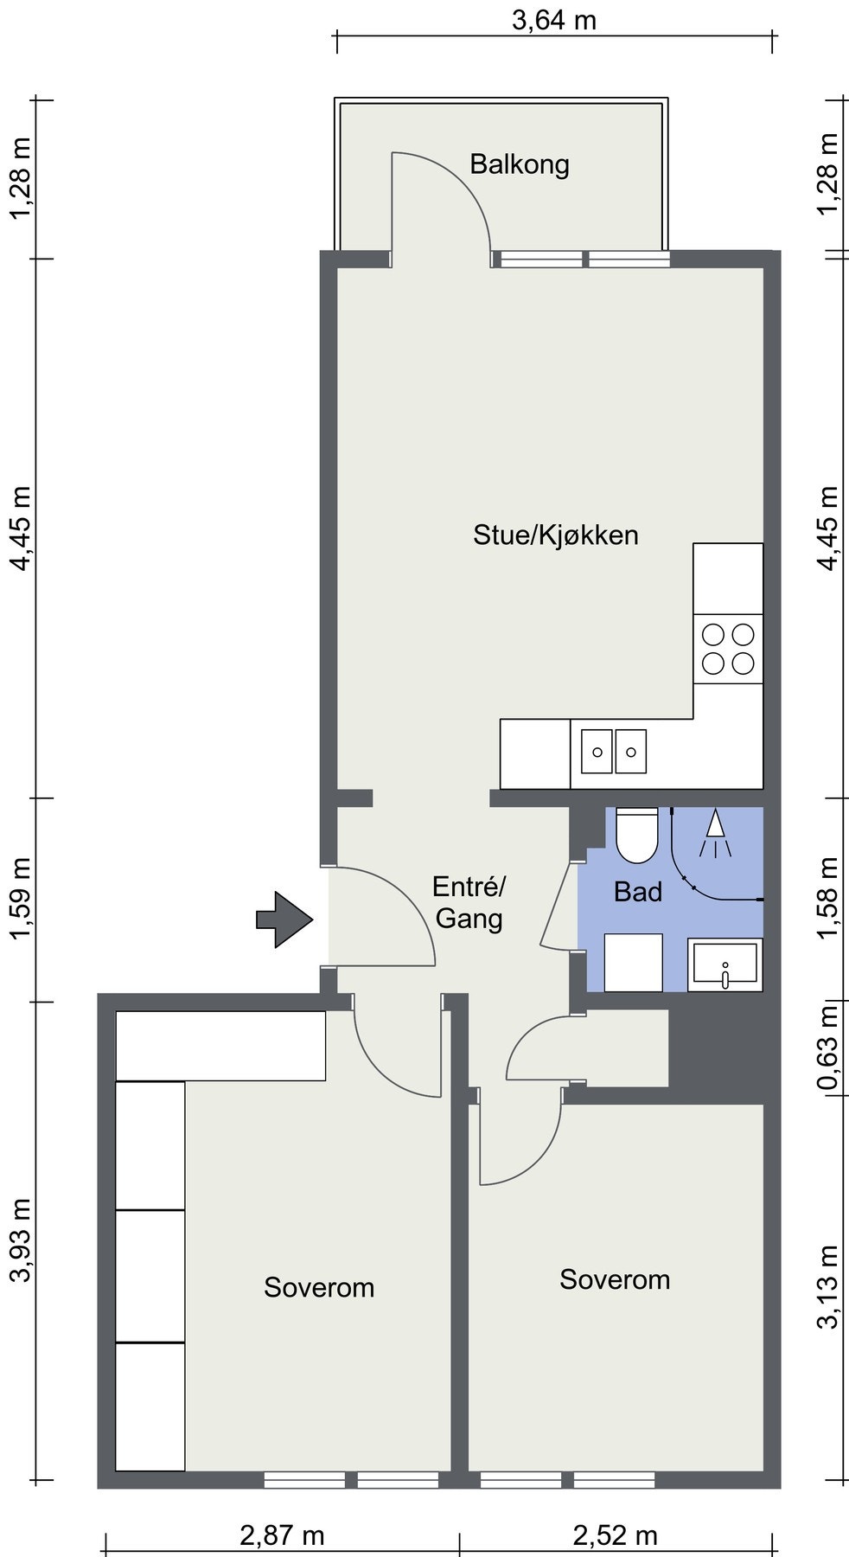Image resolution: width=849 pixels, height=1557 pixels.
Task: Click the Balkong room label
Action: pyautogui.click(x=519, y=164)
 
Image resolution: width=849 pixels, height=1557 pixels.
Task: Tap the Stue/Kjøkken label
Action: pyautogui.click(x=555, y=535)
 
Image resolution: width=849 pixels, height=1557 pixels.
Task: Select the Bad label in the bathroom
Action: pyautogui.click(x=638, y=892)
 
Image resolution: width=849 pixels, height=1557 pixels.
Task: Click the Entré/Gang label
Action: pyautogui.click(x=469, y=901)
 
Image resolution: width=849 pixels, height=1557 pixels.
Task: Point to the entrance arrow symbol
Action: pyautogui.click(x=284, y=919)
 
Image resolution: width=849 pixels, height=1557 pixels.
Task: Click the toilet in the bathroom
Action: pyautogui.click(x=637, y=835)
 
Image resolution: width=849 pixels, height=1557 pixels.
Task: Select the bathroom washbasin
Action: pyautogui.click(x=725, y=964)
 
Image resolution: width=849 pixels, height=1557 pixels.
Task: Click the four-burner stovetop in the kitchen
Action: pyautogui.click(x=728, y=649)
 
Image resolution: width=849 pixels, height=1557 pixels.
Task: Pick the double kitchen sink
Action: pyautogui.click(x=613, y=751)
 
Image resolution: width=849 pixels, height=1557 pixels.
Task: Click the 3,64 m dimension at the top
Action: pyautogui.click(x=554, y=20)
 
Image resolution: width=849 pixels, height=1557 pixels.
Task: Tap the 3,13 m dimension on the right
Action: pyautogui.click(x=828, y=1285)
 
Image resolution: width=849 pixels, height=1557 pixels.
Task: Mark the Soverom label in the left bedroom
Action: pyautogui.click(x=319, y=1287)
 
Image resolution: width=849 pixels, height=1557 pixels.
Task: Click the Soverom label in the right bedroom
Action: pyautogui.click(x=615, y=1279)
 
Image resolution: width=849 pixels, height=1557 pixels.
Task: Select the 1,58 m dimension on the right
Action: pyautogui.click(x=828, y=899)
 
